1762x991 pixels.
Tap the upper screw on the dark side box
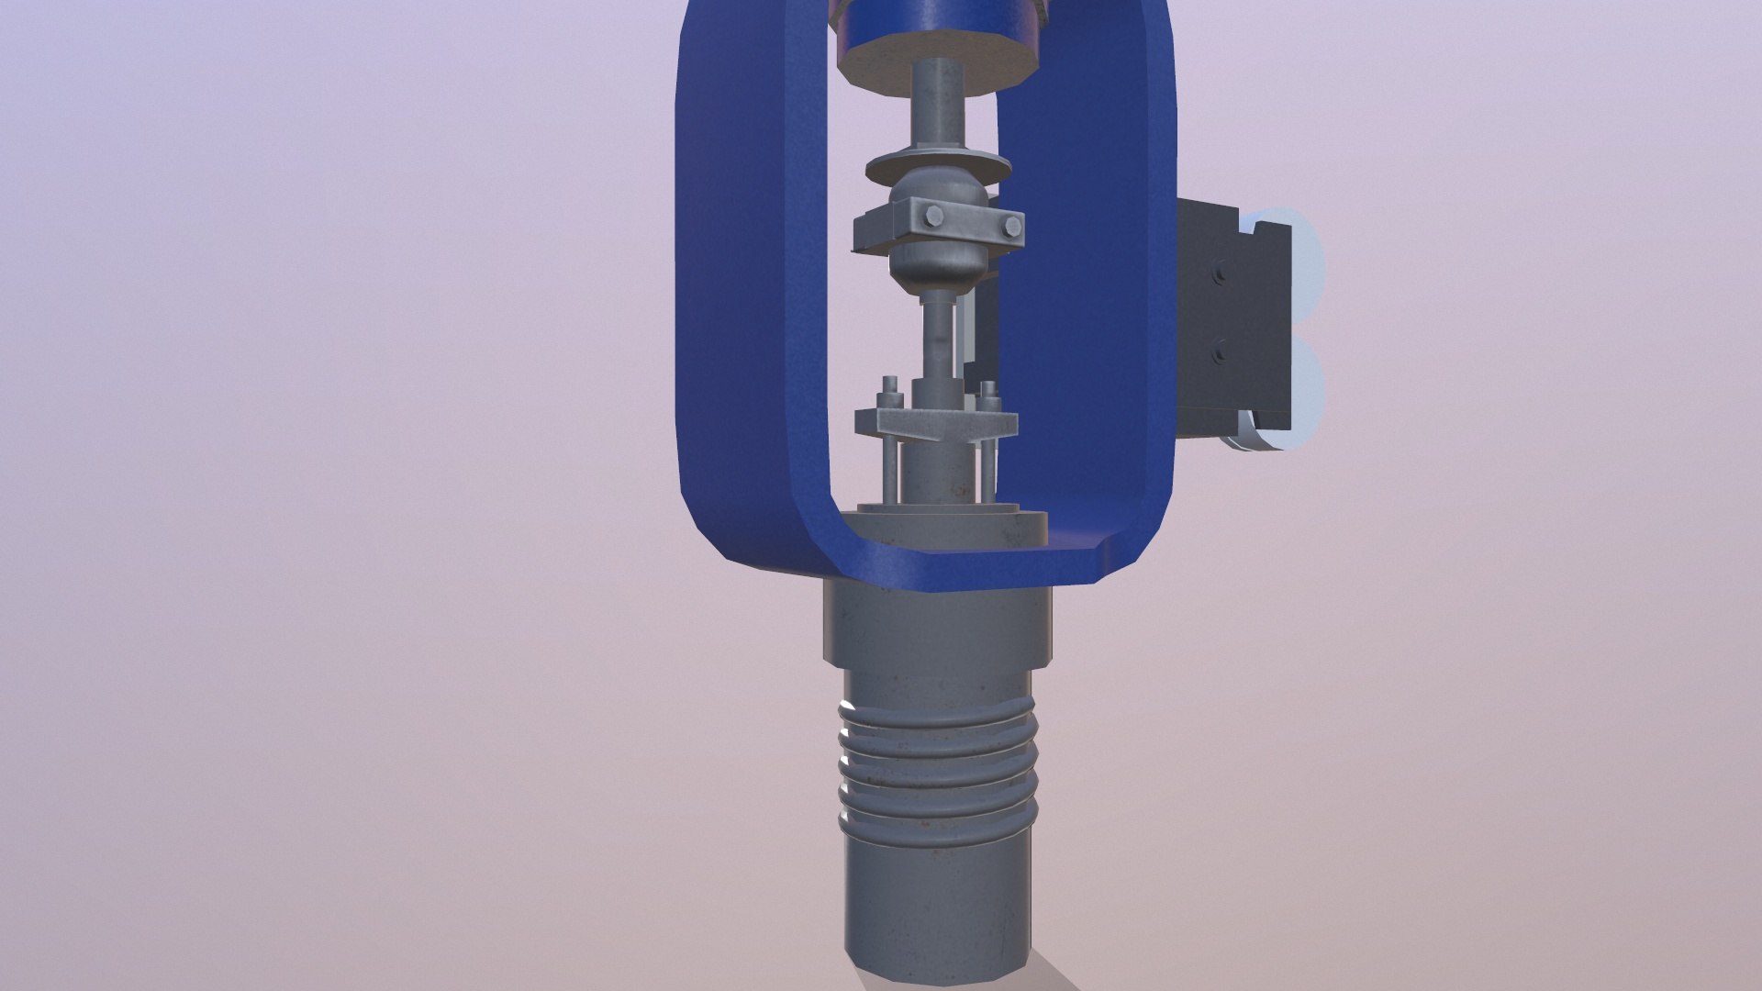1219,273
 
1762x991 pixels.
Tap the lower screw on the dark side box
1219,351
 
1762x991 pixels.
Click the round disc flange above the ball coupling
938,172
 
